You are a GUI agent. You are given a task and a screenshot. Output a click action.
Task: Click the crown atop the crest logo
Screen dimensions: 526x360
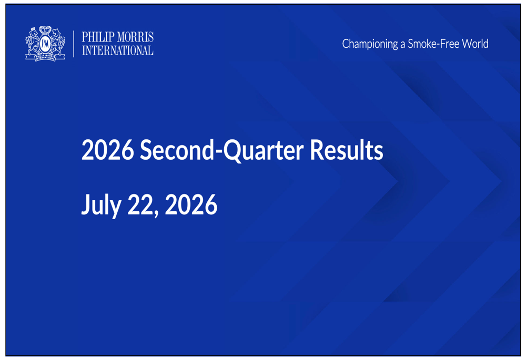coord(45,29)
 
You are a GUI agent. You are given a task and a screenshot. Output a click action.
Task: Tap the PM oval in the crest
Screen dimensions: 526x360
coord(45,44)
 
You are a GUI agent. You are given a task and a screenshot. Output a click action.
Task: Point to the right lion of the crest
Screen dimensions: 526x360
coord(58,42)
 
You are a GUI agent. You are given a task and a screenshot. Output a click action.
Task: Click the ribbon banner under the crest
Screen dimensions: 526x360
coord(45,57)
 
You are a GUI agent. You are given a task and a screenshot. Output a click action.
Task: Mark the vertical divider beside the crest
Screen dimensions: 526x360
coord(74,44)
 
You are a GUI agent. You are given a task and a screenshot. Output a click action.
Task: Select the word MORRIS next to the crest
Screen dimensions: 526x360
coord(136,37)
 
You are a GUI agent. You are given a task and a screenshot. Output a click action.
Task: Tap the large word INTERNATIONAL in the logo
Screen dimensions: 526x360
coord(118,50)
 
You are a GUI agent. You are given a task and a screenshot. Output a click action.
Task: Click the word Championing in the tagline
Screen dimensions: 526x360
coord(370,44)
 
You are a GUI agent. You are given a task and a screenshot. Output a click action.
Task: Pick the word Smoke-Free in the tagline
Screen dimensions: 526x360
coord(433,44)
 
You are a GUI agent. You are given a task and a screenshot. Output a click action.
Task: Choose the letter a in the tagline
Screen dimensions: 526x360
coord(403,45)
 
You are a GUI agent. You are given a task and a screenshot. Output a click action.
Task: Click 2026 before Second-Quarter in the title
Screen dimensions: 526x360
coord(108,150)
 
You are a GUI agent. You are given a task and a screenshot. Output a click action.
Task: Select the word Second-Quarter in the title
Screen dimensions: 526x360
coord(222,150)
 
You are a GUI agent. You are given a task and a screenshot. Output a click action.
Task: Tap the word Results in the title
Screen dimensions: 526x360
coord(346,149)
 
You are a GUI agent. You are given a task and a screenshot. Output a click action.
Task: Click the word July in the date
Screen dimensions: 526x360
coord(102,204)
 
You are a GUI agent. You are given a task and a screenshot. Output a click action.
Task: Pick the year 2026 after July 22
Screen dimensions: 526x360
coord(191,204)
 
